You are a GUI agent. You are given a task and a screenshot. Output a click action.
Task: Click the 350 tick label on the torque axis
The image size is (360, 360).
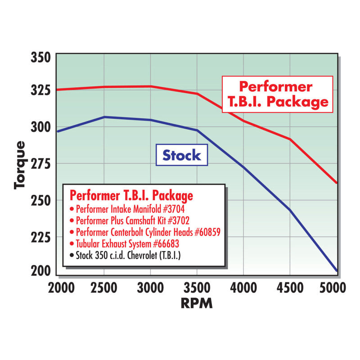pos(41,58)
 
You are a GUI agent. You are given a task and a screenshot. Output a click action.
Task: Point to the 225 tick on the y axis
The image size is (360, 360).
pos(41,237)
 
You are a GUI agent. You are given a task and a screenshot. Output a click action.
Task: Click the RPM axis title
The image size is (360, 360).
pos(196,304)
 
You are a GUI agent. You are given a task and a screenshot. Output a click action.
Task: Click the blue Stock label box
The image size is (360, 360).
pos(181,155)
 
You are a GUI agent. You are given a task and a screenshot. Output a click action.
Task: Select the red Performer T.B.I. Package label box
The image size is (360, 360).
pos(277,94)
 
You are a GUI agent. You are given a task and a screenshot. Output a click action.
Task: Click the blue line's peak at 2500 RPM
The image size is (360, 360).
pos(104,117)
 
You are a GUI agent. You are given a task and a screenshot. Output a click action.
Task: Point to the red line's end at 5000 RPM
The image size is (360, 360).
pos(336,183)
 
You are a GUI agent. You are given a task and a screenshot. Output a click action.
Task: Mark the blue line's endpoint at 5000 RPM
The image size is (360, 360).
pos(336,271)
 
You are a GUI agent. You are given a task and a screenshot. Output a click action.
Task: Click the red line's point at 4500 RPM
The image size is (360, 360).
pos(290,139)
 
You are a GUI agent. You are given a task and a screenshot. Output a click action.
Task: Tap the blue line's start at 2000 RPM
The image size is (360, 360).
pos(57,131)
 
